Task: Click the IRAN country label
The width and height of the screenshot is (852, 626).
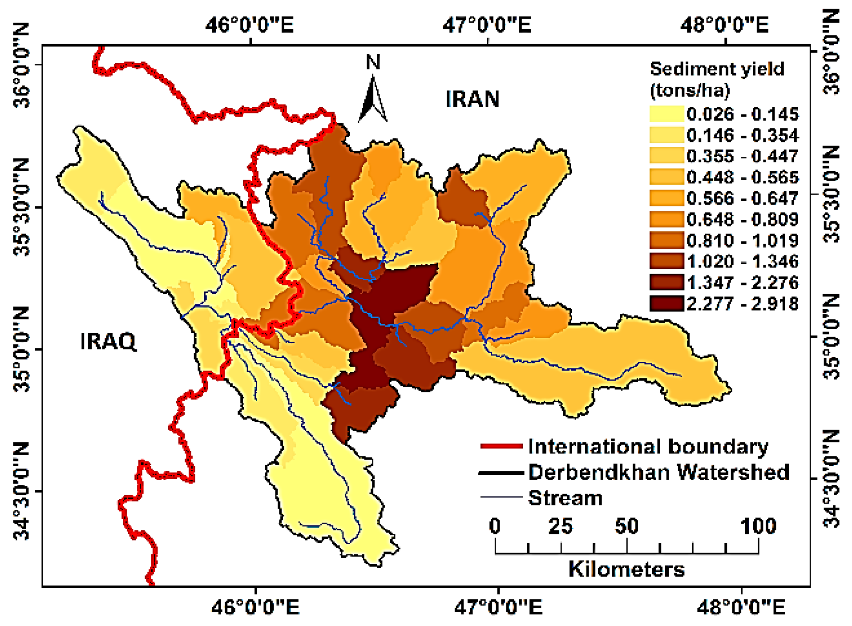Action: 472,99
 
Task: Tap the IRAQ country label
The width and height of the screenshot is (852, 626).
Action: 108,342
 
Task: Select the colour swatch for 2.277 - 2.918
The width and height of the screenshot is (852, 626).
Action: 666,303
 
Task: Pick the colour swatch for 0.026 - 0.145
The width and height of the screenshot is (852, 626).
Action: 666,114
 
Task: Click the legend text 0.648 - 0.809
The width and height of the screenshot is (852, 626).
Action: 743,219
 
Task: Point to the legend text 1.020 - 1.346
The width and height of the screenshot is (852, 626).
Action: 743,261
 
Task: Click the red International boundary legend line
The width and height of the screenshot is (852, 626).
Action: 501,446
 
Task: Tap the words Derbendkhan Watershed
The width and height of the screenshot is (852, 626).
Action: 658,472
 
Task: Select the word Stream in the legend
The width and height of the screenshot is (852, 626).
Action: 565,498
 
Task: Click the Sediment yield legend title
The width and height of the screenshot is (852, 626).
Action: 716,79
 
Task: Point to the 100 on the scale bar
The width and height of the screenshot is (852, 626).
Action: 758,526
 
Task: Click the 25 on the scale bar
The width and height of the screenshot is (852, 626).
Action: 560,526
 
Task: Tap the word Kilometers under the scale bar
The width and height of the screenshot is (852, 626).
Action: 626,569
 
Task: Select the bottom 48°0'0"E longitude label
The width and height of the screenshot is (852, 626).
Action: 741,607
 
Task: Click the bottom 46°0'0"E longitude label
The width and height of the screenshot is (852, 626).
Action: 255,607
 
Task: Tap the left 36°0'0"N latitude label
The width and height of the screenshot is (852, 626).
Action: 21,65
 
